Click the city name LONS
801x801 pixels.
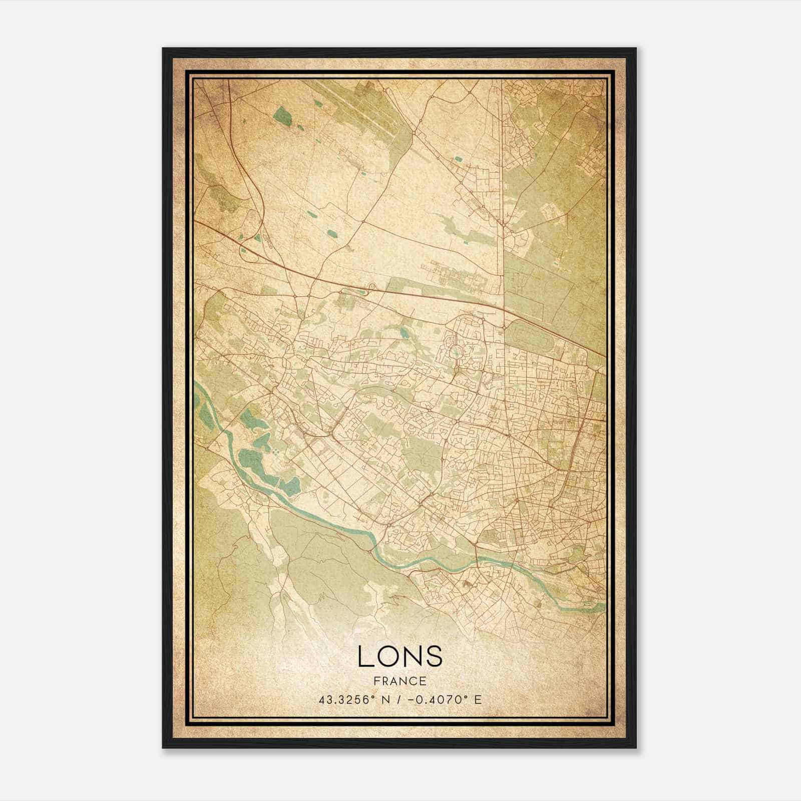(400, 656)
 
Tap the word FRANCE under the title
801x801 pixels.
(400, 681)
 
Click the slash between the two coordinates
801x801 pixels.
(397, 699)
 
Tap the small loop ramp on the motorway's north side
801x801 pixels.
(372, 286)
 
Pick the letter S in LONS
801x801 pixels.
(434, 656)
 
